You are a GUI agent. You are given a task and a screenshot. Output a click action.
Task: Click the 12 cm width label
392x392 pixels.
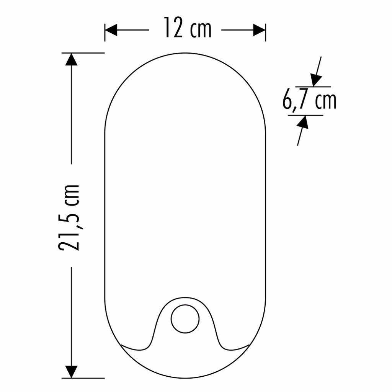click(x=188, y=28)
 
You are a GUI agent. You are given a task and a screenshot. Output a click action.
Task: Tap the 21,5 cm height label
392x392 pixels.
click(x=69, y=218)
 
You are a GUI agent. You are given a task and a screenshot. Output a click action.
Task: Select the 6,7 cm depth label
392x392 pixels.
click(x=309, y=101)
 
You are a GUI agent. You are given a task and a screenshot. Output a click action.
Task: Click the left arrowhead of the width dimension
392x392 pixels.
click(x=111, y=30)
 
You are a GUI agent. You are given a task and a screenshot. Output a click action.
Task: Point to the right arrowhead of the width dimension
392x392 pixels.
click(x=259, y=30)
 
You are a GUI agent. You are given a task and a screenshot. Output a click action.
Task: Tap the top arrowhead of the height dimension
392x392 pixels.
click(x=71, y=59)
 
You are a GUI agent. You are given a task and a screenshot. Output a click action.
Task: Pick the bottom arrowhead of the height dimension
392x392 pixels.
click(x=71, y=372)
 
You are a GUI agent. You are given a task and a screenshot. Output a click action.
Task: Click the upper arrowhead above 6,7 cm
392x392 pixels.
click(x=316, y=80)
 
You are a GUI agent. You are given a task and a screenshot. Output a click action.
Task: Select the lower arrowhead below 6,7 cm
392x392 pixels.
click(x=303, y=122)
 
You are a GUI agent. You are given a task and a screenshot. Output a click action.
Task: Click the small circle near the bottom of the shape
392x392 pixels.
click(x=185, y=319)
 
